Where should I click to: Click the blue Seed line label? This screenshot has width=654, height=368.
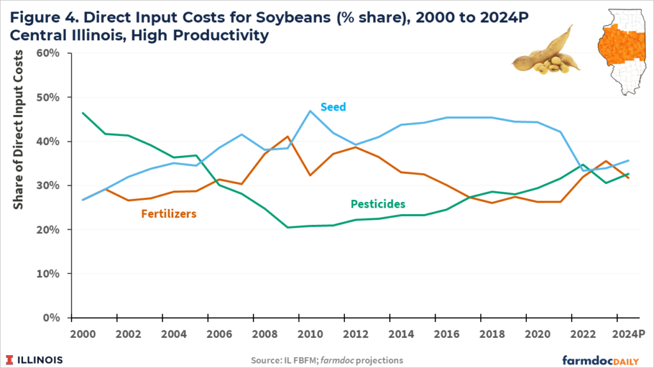coord(333,107)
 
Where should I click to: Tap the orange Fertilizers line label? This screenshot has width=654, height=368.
coord(168,213)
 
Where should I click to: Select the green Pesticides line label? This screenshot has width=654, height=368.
coord(378,204)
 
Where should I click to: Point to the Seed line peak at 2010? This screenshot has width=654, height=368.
coord(310,111)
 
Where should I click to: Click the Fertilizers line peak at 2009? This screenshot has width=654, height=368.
coord(288,137)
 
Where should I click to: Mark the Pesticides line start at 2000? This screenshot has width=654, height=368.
coord(84,113)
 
